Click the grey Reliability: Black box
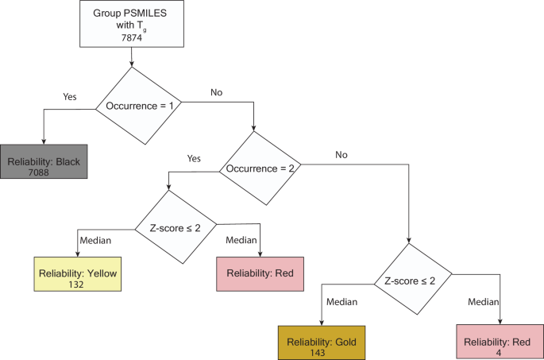44,167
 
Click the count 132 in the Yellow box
77,284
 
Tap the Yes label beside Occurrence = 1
70,96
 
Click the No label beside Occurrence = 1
216,92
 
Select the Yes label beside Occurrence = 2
194,158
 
